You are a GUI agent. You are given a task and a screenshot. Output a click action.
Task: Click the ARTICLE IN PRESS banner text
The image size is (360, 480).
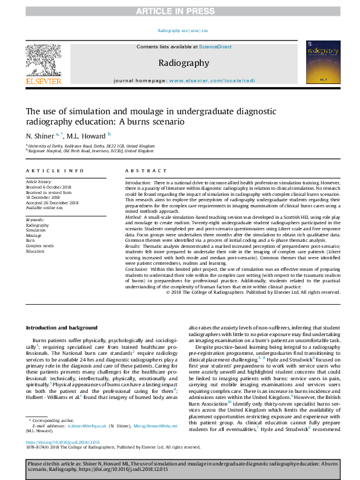pos(180,11)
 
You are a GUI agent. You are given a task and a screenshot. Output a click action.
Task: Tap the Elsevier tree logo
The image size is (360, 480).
pos(44,60)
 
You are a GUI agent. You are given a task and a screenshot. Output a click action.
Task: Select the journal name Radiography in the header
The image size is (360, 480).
pos(184,63)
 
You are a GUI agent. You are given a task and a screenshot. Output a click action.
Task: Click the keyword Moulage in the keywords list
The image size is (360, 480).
pos(34,236)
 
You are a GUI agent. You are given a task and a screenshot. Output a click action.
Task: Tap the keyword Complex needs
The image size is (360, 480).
pos(39,246)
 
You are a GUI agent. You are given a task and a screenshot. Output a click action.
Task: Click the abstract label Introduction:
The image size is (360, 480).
pos(137,182)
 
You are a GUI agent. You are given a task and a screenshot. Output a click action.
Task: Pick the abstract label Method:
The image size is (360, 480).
pos(134,216)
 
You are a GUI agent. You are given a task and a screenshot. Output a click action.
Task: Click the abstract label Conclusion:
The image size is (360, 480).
pos(137,268)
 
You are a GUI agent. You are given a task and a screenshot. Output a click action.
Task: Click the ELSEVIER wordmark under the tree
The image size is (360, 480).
pos(44,80)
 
